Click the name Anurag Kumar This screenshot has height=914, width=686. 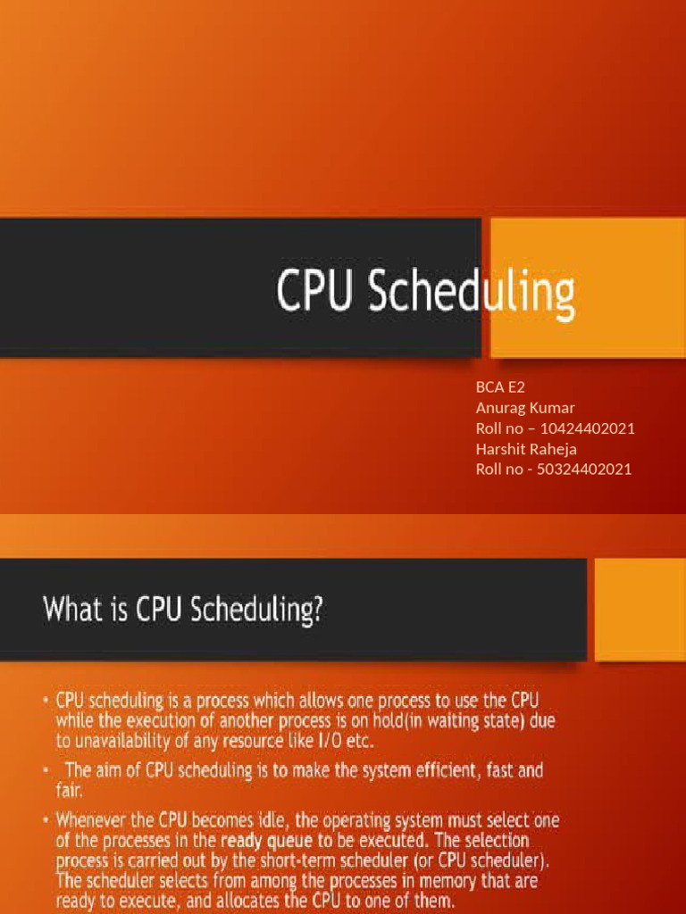tap(525, 409)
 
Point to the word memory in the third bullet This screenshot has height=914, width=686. tap(433, 880)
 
